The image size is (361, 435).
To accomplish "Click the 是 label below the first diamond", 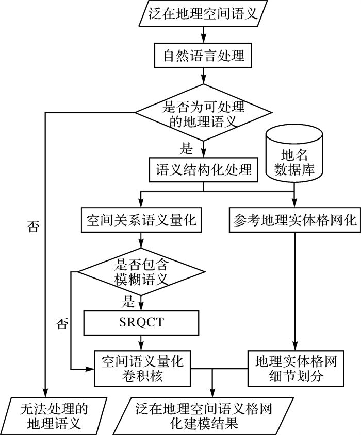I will point(186,150).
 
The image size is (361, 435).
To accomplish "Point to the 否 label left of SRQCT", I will point(62,324).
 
